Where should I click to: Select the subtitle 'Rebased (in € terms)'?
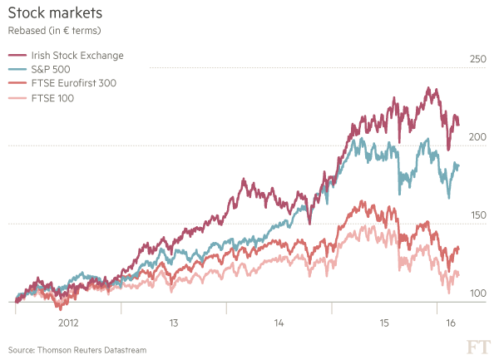55,32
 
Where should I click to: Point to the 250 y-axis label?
477,59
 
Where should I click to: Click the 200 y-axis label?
477,137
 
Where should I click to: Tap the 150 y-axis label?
477,216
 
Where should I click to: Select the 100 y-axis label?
477,294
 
